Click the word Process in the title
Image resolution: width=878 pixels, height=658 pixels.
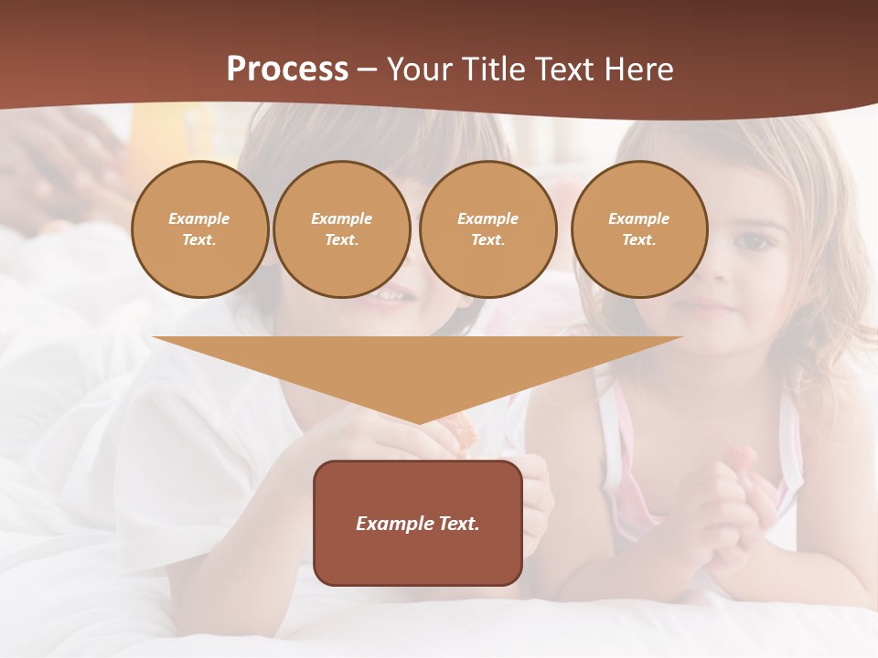click(287, 69)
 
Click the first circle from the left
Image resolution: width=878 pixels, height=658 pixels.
click(199, 229)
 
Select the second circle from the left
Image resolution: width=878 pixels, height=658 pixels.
click(342, 229)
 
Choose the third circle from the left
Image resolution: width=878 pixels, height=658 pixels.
click(488, 229)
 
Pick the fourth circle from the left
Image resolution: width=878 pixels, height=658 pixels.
click(639, 229)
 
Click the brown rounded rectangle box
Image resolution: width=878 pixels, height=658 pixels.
click(418, 523)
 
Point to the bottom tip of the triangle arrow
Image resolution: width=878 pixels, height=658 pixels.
click(418, 423)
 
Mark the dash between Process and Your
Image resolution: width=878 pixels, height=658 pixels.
click(367, 69)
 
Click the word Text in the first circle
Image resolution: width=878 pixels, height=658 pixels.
click(199, 240)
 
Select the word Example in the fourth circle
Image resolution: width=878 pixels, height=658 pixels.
click(639, 218)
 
